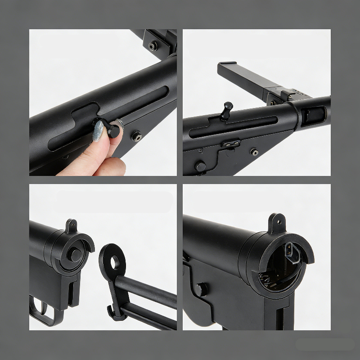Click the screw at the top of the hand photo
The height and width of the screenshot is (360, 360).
click(x=153, y=45)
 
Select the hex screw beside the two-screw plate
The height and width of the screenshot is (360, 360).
click(x=254, y=152)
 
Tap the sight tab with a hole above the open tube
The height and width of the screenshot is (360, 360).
click(x=277, y=222)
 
